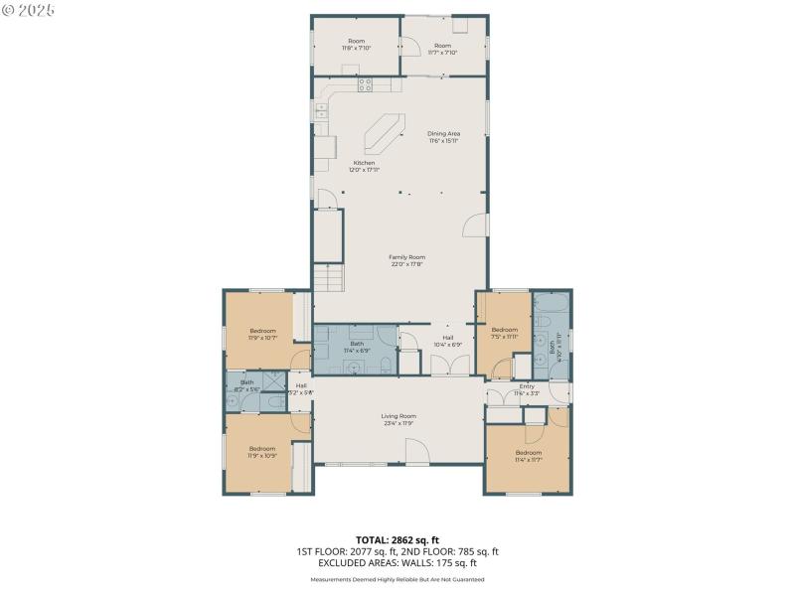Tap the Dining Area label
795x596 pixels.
(x=443, y=137)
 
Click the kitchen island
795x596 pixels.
(x=384, y=130)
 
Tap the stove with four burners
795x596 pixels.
(x=365, y=84)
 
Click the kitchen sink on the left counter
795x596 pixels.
(x=323, y=112)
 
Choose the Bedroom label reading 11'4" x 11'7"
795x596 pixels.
(x=530, y=455)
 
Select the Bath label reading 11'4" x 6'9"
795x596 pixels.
(x=356, y=347)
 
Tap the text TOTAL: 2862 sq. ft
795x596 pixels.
(x=397, y=539)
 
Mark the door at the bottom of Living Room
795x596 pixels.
(x=417, y=455)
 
